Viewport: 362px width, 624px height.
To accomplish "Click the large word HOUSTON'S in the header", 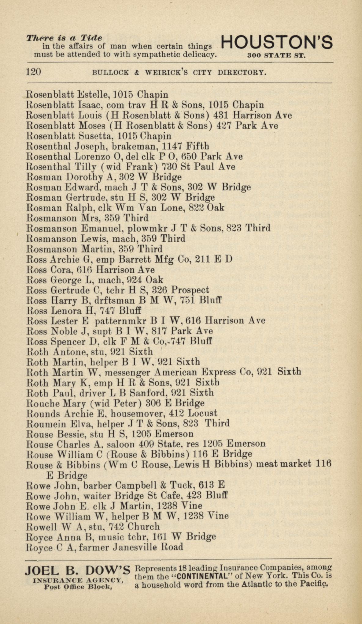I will (x=276, y=43).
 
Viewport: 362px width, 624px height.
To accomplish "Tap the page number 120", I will (x=33, y=72).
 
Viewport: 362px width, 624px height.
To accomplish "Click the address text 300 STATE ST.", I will (x=276, y=56).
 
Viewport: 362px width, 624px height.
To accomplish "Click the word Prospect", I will (x=190, y=290).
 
